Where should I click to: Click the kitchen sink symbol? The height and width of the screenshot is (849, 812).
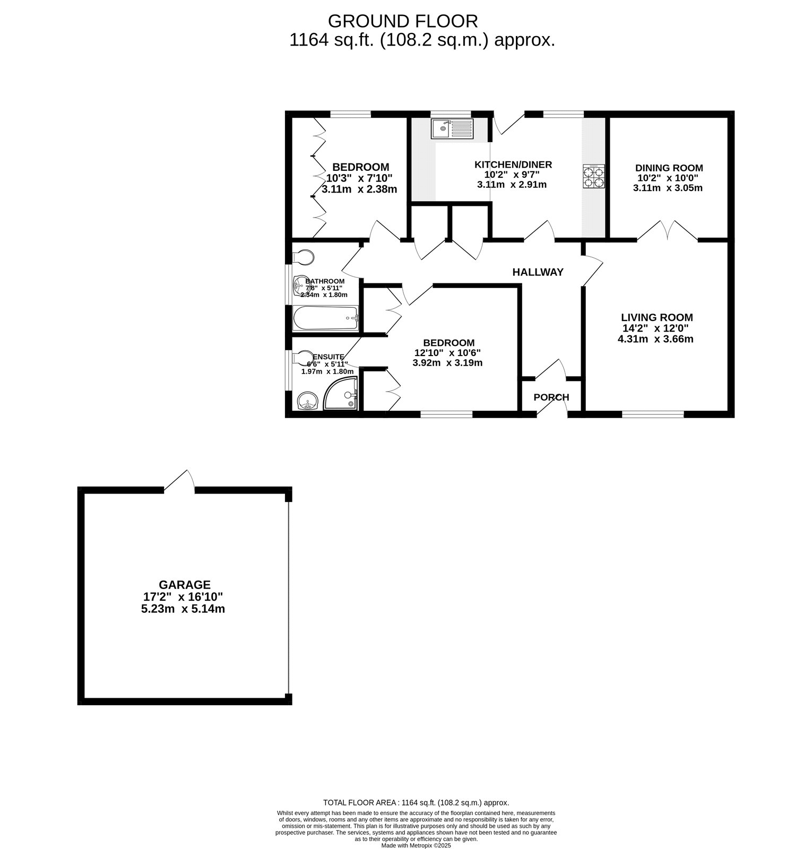point(452,129)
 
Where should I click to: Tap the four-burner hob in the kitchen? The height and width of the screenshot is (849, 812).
point(594,177)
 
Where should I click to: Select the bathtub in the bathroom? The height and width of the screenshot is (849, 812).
point(326,318)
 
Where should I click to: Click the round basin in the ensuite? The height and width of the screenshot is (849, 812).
point(307,401)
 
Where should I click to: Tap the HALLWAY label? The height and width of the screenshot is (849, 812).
point(538,272)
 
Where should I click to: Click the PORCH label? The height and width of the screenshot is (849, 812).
point(551,397)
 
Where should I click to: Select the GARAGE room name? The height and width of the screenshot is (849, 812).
point(185,585)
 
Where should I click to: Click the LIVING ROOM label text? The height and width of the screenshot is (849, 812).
point(657,317)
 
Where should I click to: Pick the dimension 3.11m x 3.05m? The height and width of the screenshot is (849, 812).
point(668,188)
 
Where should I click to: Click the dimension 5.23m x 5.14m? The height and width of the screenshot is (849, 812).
point(183,609)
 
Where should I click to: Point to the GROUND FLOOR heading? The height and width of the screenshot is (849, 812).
point(403,21)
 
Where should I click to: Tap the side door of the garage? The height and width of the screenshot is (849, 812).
point(179,481)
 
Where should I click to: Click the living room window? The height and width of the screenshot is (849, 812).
point(653,414)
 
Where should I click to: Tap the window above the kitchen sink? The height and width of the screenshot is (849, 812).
point(451,114)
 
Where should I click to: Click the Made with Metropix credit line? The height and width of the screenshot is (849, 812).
point(416,845)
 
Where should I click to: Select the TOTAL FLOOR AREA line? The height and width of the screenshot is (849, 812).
point(416,803)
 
